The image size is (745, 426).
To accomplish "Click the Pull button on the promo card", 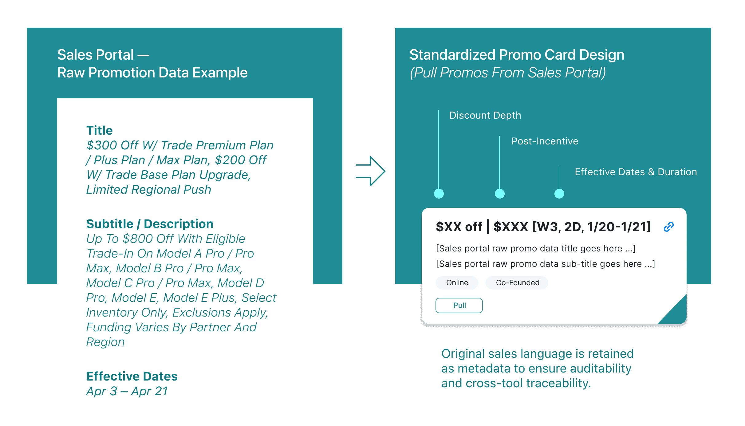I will pyautogui.click(x=459, y=306).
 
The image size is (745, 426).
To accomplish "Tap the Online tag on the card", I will pyautogui.click(x=457, y=283).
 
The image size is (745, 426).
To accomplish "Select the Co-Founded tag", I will pyautogui.click(x=517, y=283).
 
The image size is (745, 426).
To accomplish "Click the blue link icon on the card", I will pyautogui.click(x=668, y=227).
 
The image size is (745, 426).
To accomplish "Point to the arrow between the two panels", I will pyautogui.click(x=370, y=171).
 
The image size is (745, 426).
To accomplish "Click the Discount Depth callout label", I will pyautogui.click(x=485, y=115).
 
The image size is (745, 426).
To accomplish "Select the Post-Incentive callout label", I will pyautogui.click(x=545, y=141).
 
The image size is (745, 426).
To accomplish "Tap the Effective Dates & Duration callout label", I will pyautogui.click(x=636, y=172).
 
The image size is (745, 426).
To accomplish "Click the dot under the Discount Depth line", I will pyautogui.click(x=439, y=194).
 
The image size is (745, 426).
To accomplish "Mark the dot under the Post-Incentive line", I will pyautogui.click(x=499, y=194).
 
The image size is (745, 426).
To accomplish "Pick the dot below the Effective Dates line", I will pyautogui.click(x=559, y=194).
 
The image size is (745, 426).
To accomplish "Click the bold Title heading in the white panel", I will pyautogui.click(x=99, y=130).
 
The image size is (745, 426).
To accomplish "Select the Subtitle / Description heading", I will pyautogui.click(x=150, y=224).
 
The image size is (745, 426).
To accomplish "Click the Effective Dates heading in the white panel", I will pyautogui.click(x=132, y=376).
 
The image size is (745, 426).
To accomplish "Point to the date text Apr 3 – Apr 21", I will pyautogui.click(x=127, y=391).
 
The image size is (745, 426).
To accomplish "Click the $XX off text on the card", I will pyautogui.click(x=459, y=227).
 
